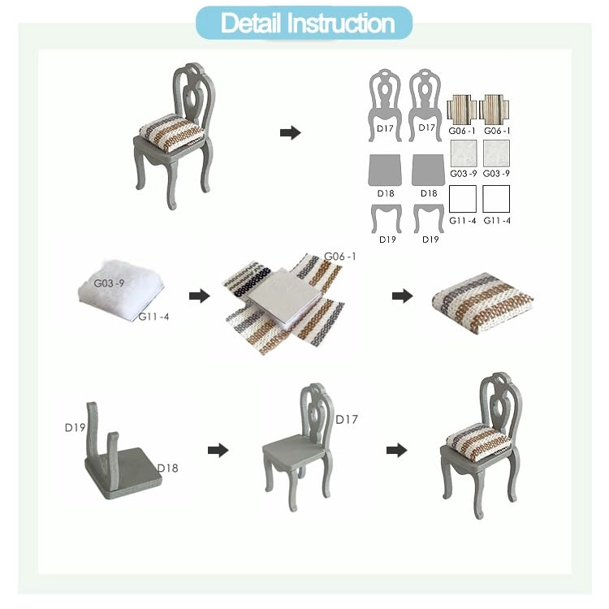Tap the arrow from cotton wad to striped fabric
pos(198,296)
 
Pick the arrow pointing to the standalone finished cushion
pos(401,296)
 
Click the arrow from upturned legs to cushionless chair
pos(218,449)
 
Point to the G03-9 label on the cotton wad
pos(110,283)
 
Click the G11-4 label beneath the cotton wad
pos(153,317)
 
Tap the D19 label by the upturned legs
pos(76,426)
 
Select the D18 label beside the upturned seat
pos(167,468)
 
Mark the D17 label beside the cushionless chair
pos(347,420)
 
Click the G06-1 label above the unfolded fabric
pos(339,257)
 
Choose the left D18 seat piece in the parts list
pos(387,171)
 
